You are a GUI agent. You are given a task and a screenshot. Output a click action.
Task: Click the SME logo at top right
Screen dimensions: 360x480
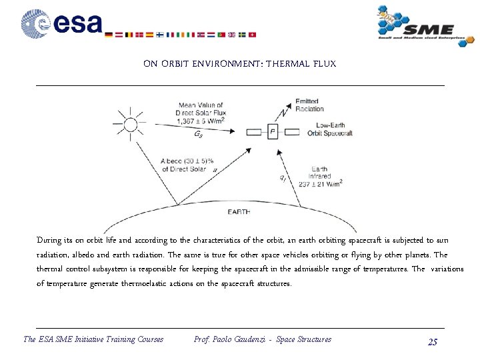(417, 26)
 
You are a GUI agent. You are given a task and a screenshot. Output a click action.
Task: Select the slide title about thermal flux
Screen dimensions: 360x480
(239, 64)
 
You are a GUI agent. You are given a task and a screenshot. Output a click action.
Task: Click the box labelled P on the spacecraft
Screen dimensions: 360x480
(272, 132)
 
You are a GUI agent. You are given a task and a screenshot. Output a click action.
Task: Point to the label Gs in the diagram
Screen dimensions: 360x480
(199, 135)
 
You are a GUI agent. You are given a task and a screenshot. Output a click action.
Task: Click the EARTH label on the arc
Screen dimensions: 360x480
(239, 212)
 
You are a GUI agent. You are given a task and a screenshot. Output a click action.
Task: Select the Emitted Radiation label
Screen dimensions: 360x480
(310, 105)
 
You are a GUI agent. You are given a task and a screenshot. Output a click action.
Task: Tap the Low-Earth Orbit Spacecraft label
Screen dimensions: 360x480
(330, 129)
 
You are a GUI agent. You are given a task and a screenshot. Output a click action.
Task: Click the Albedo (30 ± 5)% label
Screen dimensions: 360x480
(188, 161)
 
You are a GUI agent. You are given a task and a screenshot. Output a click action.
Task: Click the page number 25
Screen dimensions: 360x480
(433, 341)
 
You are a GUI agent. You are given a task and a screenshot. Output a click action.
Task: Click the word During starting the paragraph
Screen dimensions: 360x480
(49, 240)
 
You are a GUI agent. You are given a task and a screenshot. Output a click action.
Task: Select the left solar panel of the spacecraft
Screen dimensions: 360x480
(253, 133)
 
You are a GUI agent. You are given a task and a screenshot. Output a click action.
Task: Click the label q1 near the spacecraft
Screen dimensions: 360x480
(283, 177)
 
